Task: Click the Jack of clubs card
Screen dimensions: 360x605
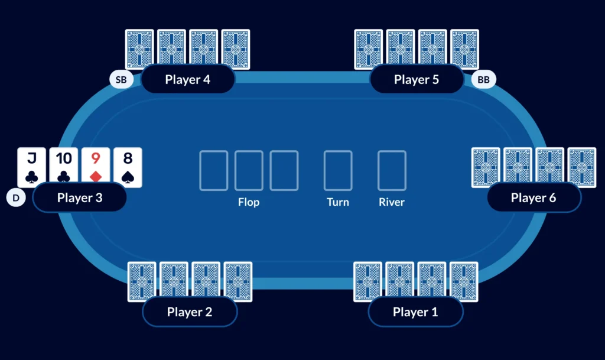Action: pos(32,167)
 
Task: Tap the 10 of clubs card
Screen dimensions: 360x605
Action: pos(64,167)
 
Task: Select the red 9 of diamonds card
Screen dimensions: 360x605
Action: pos(96,167)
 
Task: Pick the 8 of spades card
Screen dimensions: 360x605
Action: pos(128,167)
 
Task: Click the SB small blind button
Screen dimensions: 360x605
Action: pos(121,79)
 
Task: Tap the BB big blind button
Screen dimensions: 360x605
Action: pos(483,79)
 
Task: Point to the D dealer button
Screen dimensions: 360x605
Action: pos(16,197)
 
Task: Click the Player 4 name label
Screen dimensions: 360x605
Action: pos(188,79)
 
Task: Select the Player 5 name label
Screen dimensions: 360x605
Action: pos(417,79)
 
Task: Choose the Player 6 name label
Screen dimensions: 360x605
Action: pos(534,197)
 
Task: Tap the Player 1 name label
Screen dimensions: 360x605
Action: pos(415,312)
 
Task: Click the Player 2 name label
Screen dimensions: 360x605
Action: pos(190,312)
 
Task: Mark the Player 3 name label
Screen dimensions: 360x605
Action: pos(80,197)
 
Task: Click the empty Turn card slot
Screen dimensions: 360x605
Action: pos(338,170)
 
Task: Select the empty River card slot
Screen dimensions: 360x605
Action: pos(392,170)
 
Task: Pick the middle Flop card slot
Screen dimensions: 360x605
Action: pos(249,170)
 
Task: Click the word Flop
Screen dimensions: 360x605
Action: pos(249,202)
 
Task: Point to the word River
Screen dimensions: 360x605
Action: pos(392,202)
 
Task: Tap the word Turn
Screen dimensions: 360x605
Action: pos(338,202)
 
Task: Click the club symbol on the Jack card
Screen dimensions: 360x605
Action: pos(32,176)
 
